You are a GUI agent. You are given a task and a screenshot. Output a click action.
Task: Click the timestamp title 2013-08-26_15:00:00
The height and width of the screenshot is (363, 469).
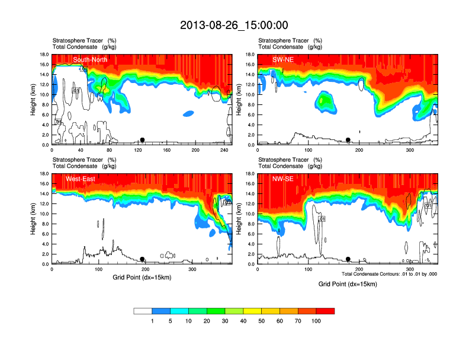click(234, 25)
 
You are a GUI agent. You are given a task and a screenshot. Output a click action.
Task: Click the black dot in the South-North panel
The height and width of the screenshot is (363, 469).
click(142, 140)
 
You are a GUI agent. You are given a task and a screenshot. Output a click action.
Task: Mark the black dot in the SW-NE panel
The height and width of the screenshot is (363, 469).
click(348, 140)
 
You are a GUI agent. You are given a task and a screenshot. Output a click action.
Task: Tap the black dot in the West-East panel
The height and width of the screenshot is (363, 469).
click(142, 259)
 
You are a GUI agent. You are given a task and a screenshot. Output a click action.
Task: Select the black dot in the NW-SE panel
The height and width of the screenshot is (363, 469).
click(348, 259)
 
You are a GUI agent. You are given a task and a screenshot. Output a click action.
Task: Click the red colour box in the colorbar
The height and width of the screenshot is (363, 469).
click(326, 311)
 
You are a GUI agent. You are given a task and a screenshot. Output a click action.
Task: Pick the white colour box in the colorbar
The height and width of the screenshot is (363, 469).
click(143, 311)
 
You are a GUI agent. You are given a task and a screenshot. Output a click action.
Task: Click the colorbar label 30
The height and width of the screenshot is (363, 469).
click(225, 321)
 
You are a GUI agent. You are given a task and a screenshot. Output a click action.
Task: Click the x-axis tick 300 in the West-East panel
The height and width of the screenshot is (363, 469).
click(192, 269)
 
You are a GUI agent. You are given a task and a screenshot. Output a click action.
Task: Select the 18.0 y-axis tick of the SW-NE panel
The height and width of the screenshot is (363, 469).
click(250, 55)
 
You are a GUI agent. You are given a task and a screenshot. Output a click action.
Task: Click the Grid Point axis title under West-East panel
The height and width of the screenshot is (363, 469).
click(142, 278)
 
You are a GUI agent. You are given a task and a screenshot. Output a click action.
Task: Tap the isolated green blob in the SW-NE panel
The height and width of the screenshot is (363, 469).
click(324, 101)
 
